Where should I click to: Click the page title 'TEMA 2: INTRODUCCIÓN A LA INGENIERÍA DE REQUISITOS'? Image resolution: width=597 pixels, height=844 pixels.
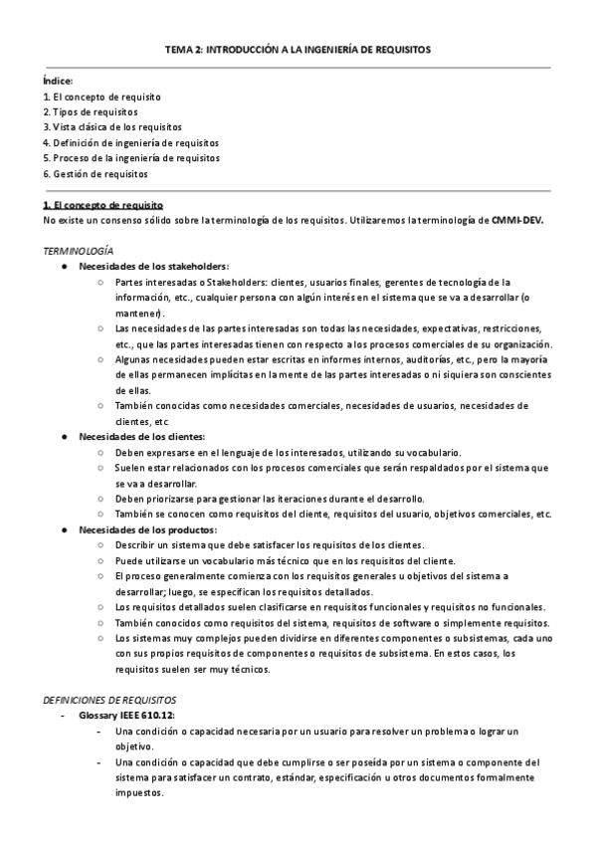click(298, 49)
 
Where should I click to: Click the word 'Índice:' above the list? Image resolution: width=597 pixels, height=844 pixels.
click(58, 82)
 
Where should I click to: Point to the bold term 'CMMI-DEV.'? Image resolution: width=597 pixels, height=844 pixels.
click(517, 219)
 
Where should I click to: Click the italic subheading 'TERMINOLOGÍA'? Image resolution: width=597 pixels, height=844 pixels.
click(79, 251)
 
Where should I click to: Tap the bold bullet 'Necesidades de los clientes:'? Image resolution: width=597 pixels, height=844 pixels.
click(142, 437)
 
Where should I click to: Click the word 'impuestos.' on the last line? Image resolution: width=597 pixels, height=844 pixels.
click(138, 793)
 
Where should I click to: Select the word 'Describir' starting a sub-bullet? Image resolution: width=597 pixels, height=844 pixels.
click(134, 545)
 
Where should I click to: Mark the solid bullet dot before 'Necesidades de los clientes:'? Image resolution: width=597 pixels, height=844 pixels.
click(65, 437)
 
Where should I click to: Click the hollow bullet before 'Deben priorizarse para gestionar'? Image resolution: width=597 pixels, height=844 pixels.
click(101, 499)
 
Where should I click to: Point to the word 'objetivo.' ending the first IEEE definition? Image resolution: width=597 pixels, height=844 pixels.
click(133, 746)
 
